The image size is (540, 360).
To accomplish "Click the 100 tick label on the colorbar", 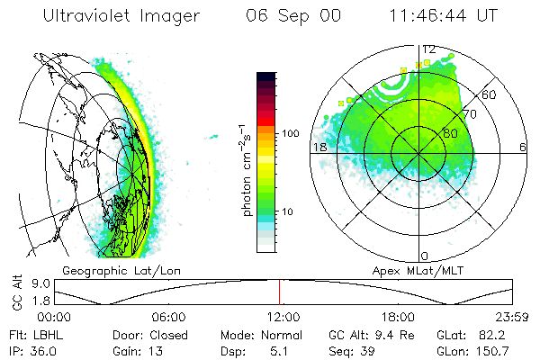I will point(289,133).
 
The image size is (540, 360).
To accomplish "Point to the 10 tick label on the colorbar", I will point(286,212).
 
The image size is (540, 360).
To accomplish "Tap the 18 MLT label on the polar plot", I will point(318,147).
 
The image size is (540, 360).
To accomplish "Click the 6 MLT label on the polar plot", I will point(522,147).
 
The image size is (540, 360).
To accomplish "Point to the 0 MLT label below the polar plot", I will point(425,256).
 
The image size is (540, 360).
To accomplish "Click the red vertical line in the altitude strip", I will point(279,292).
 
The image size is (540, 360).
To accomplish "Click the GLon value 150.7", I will point(494,350).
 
